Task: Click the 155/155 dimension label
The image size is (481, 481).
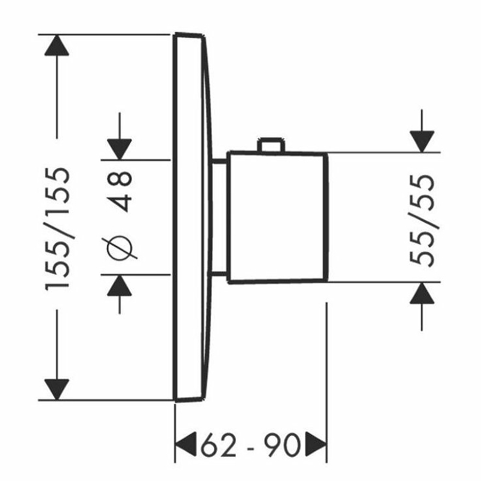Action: pos(57,228)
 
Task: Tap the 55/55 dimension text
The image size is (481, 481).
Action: pos(422,220)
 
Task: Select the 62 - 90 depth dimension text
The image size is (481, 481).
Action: pos(251,444)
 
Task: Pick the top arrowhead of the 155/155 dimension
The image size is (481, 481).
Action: pos(57,45)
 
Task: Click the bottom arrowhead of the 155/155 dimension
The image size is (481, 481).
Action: pos(57,390)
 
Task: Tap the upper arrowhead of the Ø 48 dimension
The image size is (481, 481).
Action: pos(119,149)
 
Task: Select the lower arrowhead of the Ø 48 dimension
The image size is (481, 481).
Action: pos(119,285)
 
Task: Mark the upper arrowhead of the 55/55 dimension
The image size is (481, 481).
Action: pos(422,141)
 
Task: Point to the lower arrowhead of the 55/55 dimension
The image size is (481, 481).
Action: pos(422,293)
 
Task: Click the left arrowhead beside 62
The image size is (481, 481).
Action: pos(186,444)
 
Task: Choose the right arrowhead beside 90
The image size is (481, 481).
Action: pos(316,444)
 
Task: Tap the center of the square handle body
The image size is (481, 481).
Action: pos(278,216)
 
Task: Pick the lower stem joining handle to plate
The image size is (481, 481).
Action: pos(219,274)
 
